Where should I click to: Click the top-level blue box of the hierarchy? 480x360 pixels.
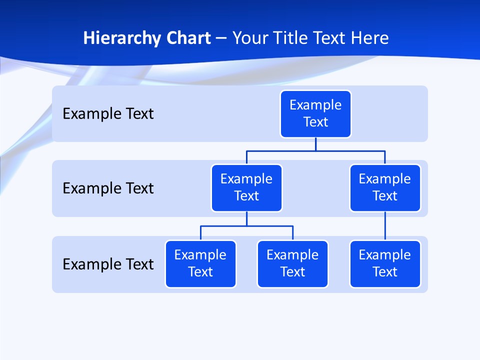coord(315,113)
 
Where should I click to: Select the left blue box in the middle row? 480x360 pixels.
coord(246,187)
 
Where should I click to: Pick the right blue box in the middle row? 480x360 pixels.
coord(385,187)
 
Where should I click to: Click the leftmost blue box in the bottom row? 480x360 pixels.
coord(200,263)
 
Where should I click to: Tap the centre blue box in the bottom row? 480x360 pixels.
coord(292,263)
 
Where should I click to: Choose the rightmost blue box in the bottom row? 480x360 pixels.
coord(385,263)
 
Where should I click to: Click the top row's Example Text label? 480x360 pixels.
coord(108,114)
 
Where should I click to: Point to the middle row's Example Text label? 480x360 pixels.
coord(108,188)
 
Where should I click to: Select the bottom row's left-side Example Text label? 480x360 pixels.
coord(108,264)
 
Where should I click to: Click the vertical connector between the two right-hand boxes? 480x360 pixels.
coord(385,226)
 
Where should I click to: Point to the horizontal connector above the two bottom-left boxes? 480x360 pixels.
coord(246,226)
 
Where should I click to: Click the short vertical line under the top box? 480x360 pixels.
coord(315,144)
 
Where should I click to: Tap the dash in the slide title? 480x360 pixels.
coord(221,38)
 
